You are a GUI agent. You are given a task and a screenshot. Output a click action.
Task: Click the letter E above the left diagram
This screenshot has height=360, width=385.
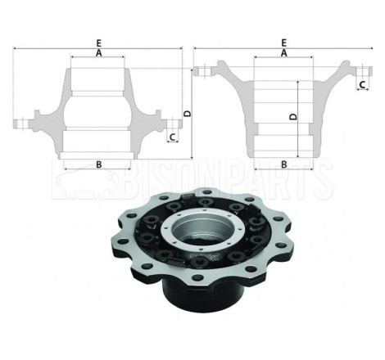coord(99,43)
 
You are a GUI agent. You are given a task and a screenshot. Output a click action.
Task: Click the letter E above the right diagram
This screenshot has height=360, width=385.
coord(284,43)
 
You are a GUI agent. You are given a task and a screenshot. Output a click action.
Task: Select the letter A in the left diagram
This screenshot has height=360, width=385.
coord(99,53)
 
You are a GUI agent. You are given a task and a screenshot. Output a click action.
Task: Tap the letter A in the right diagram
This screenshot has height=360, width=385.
coord(284,53)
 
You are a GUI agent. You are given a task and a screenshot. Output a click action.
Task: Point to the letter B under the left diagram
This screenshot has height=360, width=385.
coord(99,164)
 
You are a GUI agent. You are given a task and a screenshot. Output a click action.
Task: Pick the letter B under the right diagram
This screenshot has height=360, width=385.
coord(284,164)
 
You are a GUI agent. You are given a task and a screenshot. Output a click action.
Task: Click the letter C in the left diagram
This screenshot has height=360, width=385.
coord(172,137)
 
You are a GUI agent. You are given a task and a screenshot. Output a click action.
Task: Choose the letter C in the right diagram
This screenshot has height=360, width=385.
coord(362,85)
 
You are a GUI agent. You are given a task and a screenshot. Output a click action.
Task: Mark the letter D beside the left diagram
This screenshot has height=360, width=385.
coord(188,114)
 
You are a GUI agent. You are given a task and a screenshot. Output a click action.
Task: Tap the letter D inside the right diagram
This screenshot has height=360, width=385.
coord(293,117)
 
